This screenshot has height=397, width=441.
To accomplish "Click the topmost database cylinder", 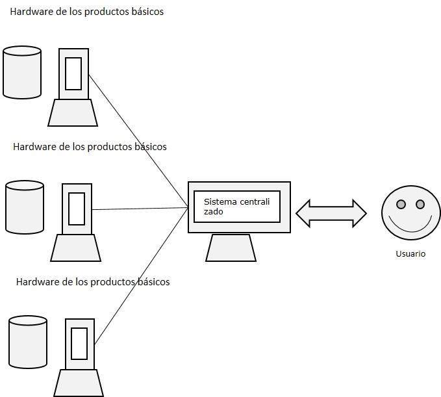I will click(22, 72).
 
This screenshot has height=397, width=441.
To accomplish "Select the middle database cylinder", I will click(25, 207).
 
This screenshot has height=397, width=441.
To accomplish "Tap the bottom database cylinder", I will click(28, 341).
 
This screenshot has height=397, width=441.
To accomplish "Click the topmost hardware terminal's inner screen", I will click(73, 74).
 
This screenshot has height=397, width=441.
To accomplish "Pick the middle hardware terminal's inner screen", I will click(77, 209).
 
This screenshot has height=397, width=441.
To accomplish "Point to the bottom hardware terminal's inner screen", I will click(79, 344).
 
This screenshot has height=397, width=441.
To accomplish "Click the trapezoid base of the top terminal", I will click(73, 113).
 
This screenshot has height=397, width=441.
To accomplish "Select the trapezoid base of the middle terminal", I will click(76, 248).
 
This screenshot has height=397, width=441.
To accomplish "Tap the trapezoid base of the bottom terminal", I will click(79, 383).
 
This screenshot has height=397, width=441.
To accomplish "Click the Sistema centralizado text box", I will click(237, 207).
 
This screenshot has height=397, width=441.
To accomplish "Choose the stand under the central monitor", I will click(231, 248).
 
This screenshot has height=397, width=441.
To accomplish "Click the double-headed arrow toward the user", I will click(331, 213).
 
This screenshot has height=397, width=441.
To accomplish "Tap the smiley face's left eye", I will click(401, 205).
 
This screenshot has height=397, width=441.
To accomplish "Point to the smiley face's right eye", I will click(420, 205).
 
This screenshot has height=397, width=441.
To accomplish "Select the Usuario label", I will click(410, 254).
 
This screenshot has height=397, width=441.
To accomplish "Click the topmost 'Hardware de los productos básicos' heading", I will click(86, 12).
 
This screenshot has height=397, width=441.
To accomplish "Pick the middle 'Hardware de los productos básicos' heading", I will click(90, 147).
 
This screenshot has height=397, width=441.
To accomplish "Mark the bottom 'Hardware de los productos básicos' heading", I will click(92, 282).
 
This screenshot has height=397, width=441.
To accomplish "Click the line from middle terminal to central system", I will click(140, 209).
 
